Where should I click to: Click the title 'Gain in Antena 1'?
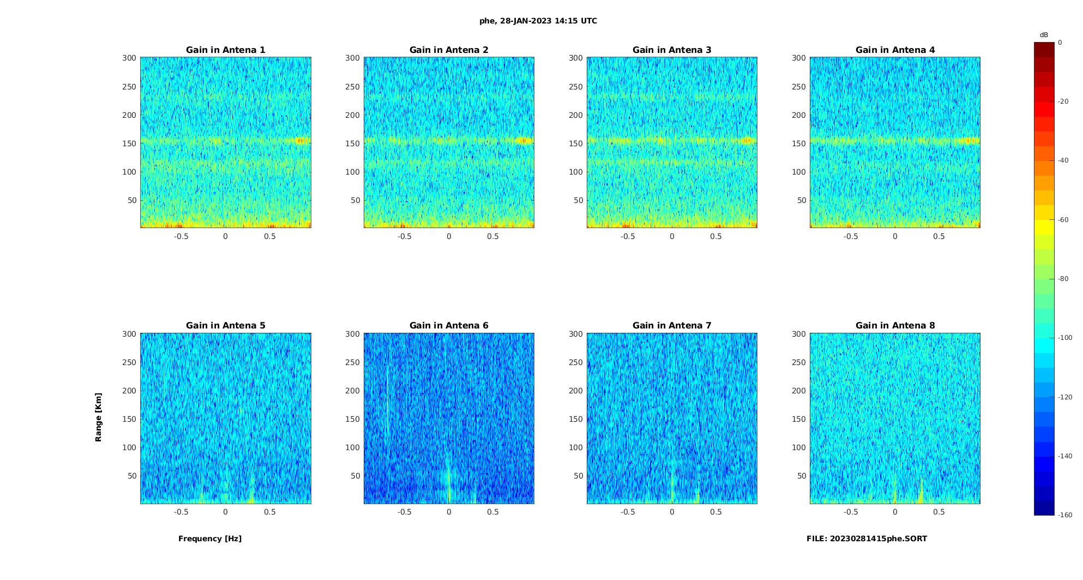(x=225, y=50)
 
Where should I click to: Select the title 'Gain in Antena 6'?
(x=449, y=326)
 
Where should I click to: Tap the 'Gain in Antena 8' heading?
(x=895, y=326)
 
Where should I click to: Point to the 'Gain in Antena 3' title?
(x=672, y=50)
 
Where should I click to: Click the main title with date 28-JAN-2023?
(x=538, y=21)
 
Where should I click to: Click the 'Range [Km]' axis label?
(x=99, y=417)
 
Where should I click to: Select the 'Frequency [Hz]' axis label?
(x=210, y=539)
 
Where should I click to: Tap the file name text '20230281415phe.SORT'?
(x=879, y=539)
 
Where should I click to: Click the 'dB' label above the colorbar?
(x=1044, y=35)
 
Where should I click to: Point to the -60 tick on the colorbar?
(x=1063, y=220)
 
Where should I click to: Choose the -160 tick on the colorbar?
(x=1065, y=515)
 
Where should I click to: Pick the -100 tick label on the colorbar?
(x=1065, y=338)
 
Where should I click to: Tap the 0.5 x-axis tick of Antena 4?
(x=938, y=236)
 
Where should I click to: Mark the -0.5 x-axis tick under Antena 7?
(x=628, y=512)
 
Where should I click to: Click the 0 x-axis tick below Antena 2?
(x=449, y=236)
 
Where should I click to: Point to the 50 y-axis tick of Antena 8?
(x=801, y=476)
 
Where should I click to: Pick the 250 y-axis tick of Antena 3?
(x=576, y=87)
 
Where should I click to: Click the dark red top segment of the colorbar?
(x=1044, y=50)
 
